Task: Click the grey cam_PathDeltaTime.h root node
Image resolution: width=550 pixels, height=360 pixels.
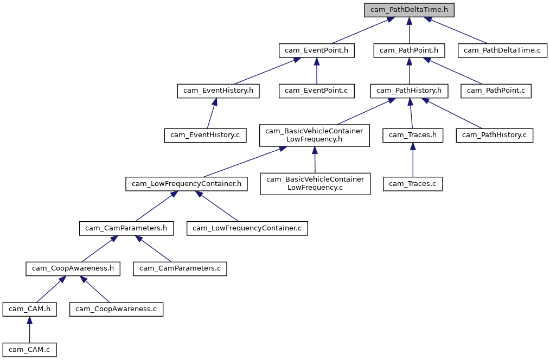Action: pos(409,10)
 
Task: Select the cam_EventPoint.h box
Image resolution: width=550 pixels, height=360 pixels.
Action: pos(317,50)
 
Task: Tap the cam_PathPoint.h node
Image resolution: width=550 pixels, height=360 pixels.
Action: pos(409,50)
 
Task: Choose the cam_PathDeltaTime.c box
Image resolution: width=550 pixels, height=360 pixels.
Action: pos(502,50)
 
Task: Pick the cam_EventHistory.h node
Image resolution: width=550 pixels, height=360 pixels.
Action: pos(218,91)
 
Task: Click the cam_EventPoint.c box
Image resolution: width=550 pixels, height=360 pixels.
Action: pos(317,91)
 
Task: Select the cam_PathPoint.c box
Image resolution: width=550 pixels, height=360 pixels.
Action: pos(496,91)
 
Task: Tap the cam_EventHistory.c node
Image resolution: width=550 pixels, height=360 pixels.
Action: pos(205,134)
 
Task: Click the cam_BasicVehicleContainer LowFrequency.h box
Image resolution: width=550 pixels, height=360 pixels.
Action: pos(315,135)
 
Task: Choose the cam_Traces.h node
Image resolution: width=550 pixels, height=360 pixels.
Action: pos(413,134)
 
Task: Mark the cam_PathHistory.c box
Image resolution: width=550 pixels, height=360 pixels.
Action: pos(495,134)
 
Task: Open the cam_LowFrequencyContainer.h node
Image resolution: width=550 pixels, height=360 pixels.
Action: pos(187,184)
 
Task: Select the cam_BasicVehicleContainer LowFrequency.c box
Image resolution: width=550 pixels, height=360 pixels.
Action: pos(315,184)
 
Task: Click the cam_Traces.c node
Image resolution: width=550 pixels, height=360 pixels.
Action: pos(413,184)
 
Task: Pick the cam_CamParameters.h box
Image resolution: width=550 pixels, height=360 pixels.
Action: pos(126,228)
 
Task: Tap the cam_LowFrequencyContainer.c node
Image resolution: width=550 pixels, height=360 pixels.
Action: pos(247,228)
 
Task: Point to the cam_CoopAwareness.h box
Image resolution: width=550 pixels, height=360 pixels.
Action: pos(73,268)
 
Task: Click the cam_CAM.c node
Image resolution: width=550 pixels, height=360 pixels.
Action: pos(29,350)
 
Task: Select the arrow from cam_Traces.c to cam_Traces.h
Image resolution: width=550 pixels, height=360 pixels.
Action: pos(413,160)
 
